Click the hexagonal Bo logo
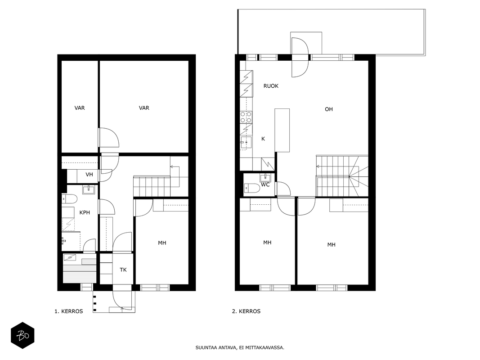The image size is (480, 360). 22,336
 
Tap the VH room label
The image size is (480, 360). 89,175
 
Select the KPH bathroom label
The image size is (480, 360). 85,212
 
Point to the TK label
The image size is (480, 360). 123,270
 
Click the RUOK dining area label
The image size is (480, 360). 271,86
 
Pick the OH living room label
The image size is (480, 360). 329,109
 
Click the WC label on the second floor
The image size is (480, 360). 265,185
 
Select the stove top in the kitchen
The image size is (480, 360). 246,117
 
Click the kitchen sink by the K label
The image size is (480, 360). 246,142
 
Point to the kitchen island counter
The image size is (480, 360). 282,130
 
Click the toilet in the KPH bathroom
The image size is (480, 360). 69,200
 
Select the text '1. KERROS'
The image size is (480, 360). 68,311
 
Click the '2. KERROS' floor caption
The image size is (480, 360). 246,311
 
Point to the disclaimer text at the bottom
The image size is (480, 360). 240,348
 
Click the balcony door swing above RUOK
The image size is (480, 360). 300,57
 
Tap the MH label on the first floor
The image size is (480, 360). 162,243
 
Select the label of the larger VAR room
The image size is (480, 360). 144,108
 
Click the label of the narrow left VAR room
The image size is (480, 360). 80,108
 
